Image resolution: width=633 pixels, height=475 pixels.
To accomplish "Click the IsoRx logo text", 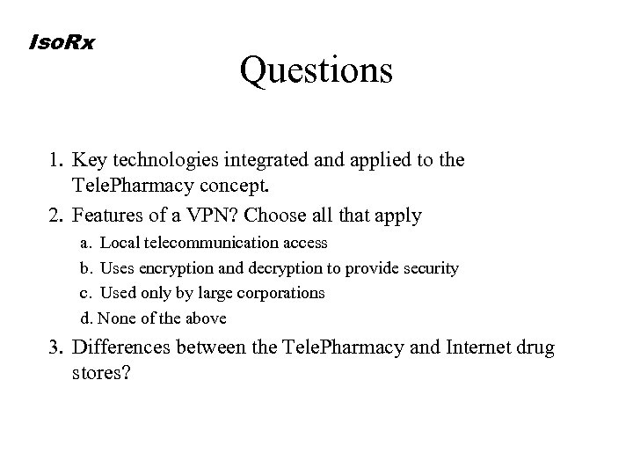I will pyautogui.click(x=62, y=40).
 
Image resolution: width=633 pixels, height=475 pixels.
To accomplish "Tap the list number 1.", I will pyautogui.click(x=56, y=161).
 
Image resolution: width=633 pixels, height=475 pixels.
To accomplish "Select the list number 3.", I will pyautogui.click(x=56, y=348).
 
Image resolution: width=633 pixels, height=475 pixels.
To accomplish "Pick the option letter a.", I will pyautogui.click(x=85, y=242).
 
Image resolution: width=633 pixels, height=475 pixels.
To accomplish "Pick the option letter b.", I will pyautogui.click(x=85, y=267).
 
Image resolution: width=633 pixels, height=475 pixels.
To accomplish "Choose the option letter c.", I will pyautogui.click(x=85, y=293).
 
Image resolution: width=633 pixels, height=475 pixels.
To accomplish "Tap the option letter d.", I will pyautogui.click(x=85, y=318).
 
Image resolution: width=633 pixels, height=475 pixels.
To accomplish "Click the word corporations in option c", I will pyautogui.click(x=282, y=293).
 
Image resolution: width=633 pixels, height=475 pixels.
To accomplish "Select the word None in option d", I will pyautogui.click(x=114, y=318).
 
